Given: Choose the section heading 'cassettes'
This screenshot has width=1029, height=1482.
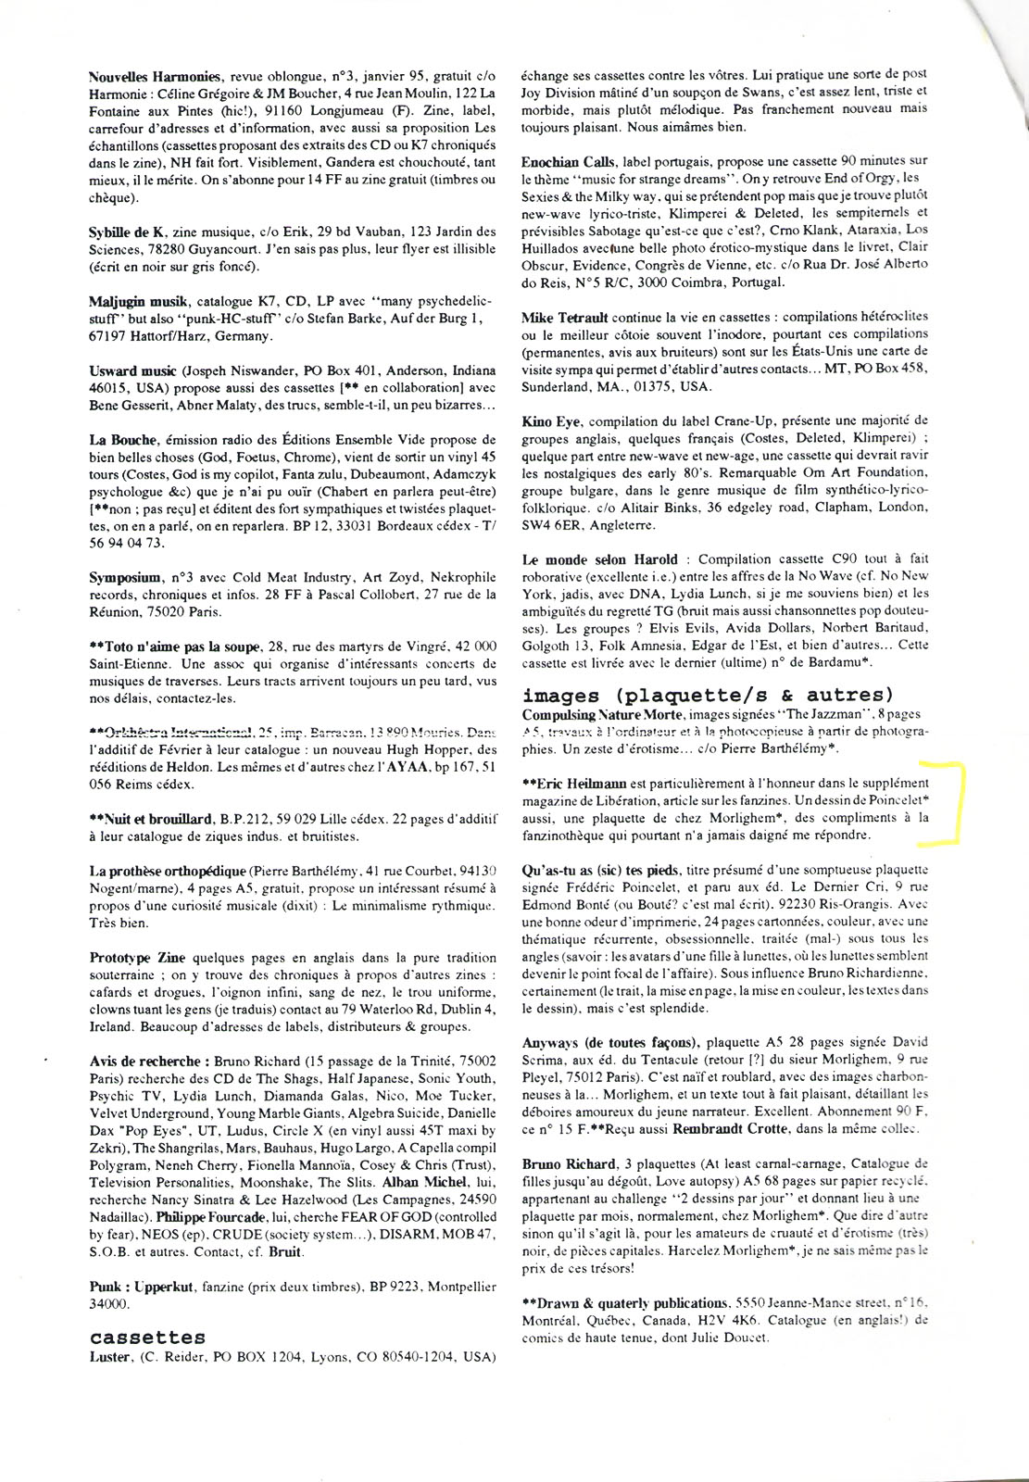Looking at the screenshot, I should pos(147,1338).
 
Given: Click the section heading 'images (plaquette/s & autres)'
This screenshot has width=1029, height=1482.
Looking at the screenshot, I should pos(708,696).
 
